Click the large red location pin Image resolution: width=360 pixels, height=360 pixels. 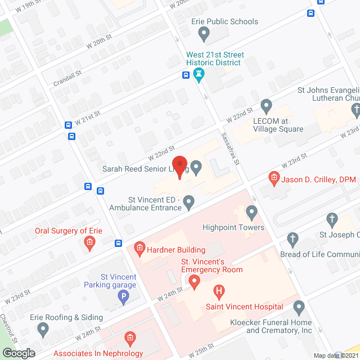click(179, 166)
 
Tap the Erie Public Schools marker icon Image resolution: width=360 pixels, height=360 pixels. click(204, 35)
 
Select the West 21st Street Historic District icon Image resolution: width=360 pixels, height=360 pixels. click(199, 75)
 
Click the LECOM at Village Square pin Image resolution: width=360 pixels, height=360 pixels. click(267, 106)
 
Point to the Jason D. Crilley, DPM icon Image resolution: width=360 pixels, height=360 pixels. click(274, 179)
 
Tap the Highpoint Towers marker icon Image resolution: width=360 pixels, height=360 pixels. click(251, 213)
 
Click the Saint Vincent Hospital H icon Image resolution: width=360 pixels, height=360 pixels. click(219, 292)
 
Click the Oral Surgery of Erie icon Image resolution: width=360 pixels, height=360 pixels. click(89, 244)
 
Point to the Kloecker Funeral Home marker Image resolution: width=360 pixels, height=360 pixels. click(299, 308)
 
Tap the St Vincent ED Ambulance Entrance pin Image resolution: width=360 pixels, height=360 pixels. click(189, 201)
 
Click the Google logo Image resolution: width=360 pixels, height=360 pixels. click(19, 353)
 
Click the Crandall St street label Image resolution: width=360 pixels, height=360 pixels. click(68, 77)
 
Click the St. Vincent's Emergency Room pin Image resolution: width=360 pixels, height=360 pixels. click(194, 281)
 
